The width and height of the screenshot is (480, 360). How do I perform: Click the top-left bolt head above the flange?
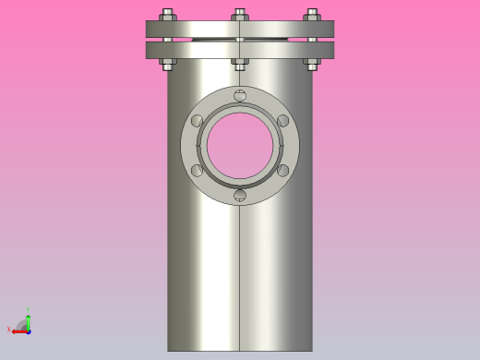click(x=168, y=15)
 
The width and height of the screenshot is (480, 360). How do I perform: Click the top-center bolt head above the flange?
click(x=240, y=15)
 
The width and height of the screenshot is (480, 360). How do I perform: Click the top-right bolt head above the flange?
click(x=312, y=15)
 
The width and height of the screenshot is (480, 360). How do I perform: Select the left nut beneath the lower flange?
click(x=168, y=65)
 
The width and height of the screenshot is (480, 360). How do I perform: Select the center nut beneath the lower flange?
click(x=240, y=65)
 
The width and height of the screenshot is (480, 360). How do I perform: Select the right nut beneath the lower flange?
click(x=312, y=65)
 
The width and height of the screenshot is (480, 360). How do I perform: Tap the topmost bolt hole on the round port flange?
click(x=240, y=96)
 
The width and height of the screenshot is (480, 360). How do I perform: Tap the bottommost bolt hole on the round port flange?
click(x=240, y=195)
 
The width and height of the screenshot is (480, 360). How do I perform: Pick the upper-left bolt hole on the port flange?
click(x=198, y=120)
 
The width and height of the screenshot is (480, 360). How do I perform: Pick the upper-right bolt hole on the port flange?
click(x=282, y=120)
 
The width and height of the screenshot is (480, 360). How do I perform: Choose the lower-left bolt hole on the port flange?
click(x=198, y=170)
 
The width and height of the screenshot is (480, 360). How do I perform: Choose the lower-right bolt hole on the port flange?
click(x=282, y=170)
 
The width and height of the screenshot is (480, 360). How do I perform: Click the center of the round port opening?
click(x=240, y=146)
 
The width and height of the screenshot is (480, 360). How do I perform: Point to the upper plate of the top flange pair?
click(x=203, y=29)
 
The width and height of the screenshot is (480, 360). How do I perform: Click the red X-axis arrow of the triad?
click(x=19, y=330)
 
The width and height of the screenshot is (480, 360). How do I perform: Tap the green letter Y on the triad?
click(x=29, y=311)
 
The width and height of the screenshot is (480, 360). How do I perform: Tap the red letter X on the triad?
click(x=9, y=330)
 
